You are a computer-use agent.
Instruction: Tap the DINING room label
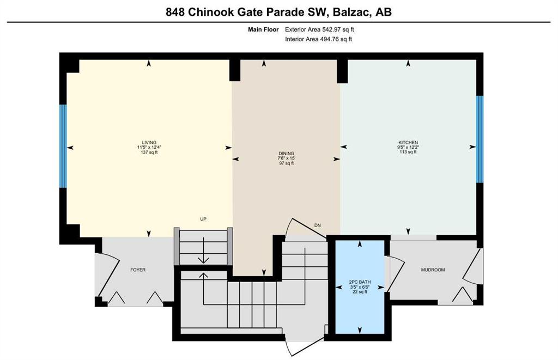pyautogui.click(x=287, y=154)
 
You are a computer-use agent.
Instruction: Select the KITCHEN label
pyautogui.click(x=408, y=143)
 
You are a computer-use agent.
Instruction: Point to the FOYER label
pyautogui.click(x=138, y=270)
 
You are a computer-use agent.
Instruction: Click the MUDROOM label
pyautogui.click(x=433, y=270)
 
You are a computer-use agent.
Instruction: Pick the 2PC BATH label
pyautogui.click(x=360, y=282)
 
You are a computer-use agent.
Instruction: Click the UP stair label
pyautogui.click(x=203, y=219)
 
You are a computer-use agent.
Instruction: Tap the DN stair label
pyautogui.click(x=318, y=225)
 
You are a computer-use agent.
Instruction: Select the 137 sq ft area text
pyautogui.click(x=149, y=152)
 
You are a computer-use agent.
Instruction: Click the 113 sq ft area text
pyautogui.click(x=408, y=152)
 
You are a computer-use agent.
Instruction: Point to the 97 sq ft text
pyautogui.click(x=287, y=163)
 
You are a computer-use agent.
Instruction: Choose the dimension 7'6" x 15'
pyautogui.click(x=287, y=158)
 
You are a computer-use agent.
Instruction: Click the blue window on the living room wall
pyautogui.click(x=63, y=146)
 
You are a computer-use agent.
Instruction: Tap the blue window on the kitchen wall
pyautogui.click(x=480, y=139)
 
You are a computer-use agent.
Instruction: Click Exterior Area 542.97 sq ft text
pyautogui.click(x=319, y=29)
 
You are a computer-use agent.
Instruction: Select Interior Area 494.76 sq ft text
pyautogui.click(x=318, y=39)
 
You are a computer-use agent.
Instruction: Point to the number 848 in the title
pyautogui.click(x=175, y=12)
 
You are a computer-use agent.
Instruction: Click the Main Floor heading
pyautogui.click(x=263, y=29)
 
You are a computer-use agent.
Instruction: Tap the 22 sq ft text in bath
pyautogui.click(x=360, y=292)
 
